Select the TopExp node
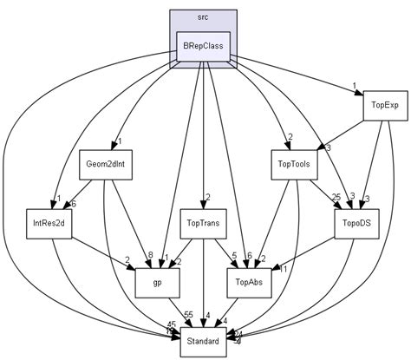(384, 105)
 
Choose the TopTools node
(294, 164)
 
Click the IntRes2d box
(49, 223)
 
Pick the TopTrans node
(202, 223)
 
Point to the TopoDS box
(356, 223)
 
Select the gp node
(157, 282)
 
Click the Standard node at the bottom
(202, 341)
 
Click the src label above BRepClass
(202, 17)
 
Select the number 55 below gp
(187, 313)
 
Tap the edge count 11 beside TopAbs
(284, 270)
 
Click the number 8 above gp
(149, 256)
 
